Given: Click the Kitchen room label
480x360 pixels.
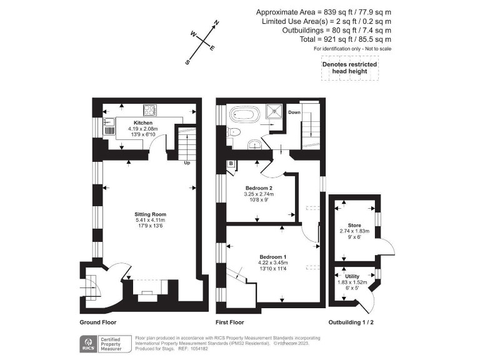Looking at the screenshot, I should coord(142,123).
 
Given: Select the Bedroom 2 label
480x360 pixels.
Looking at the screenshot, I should coord(258,188).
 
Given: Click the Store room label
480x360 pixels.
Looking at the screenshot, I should coord(354,226).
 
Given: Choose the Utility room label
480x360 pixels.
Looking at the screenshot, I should coord(352,276).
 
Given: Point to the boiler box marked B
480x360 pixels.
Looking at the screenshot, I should coord(231,164).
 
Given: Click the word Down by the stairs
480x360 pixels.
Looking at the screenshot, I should coord(294,112).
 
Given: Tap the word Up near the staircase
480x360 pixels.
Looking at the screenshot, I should coord(186,164).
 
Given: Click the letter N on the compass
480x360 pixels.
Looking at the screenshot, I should coord(216,23).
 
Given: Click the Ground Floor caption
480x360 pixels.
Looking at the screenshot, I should coord(98,322).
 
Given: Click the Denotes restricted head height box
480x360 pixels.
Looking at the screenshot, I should coord(344,67).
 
